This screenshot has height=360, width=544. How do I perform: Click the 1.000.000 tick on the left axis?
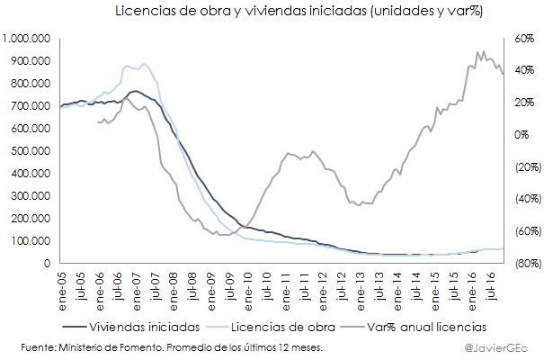tap(26, 39)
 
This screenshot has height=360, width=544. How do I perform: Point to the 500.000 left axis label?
tap(31, 151)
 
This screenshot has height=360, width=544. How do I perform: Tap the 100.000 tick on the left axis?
tap(31, 241)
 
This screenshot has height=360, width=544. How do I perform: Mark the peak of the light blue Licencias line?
tap(144, 64)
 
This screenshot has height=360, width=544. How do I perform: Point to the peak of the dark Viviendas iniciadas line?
tap(135, 91)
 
